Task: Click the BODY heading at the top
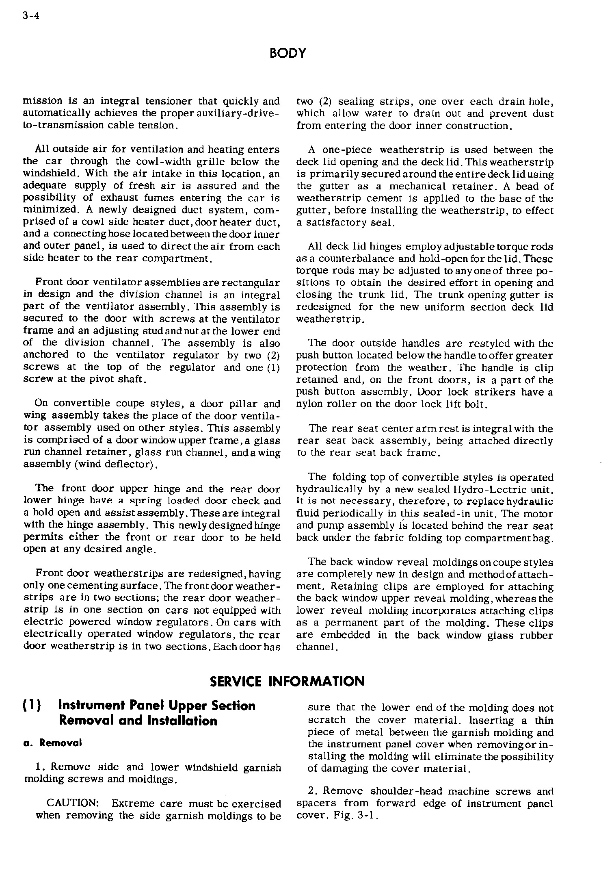288,53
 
